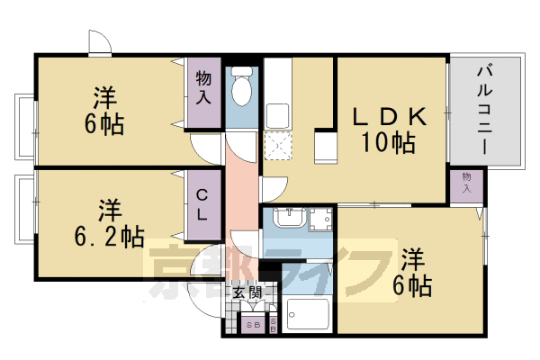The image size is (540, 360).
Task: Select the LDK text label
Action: pos(387,118)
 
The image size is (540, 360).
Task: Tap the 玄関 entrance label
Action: pos(246,292)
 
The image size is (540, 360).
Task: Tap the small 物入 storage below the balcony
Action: pos(466,183)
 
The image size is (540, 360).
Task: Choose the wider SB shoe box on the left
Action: pos(252,325)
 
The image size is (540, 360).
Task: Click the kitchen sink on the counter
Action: pos(276,115)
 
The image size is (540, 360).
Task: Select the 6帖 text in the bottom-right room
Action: pos(413,286)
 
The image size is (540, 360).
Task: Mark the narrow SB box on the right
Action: pos(273,325)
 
